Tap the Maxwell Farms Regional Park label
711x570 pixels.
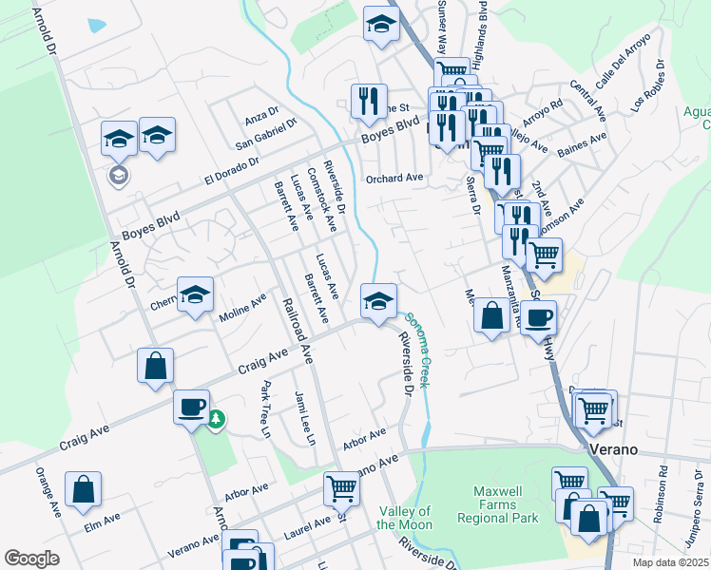[x=498, y=504]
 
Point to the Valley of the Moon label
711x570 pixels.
[x=404, y=518]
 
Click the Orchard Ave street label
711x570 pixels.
[x=394, y=178]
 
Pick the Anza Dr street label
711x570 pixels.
[x=259, y=117]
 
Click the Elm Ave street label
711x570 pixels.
[x=102, y=520]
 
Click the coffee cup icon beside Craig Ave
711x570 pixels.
[x=191, y=406]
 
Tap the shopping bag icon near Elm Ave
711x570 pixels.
[x=83, y=489]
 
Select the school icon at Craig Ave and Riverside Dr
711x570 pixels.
[x=378, y=301]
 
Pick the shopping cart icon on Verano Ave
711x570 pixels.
[x=341, y=488]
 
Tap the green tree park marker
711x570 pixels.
[x=217, y=418]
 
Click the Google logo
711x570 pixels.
[x=31, y=559]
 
